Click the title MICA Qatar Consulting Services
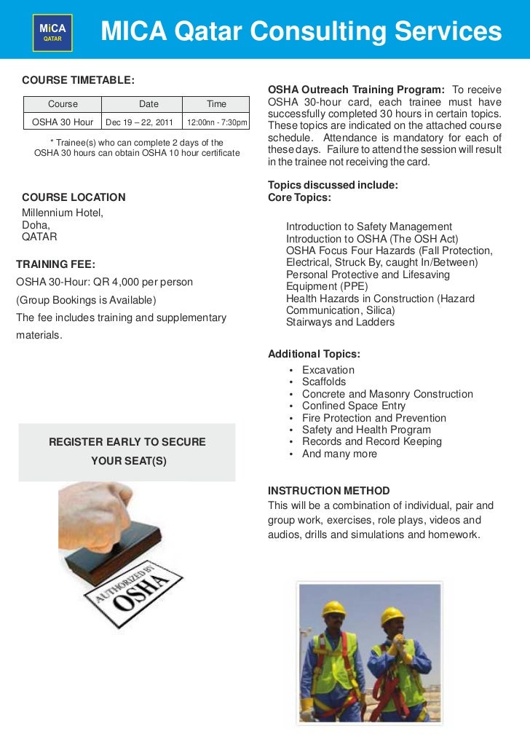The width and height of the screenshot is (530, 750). pyautogui.click(x=301, y=31)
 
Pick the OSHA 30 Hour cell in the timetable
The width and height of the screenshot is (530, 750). pyautogui.click(x=63, y=122)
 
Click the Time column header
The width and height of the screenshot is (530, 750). pyautogui.click(x=216, y=104)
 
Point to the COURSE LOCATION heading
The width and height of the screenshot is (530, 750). pyautogui.click(x=74, y=197)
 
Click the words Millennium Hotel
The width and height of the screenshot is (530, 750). pyautogui.click(x=63, y=213)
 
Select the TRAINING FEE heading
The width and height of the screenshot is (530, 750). pyautogui.click(x=56, y=264)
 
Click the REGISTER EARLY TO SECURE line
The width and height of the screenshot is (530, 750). pyautogui.click(x=127, y=442)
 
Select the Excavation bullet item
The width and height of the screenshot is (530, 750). pyautogui.click(x=328, y=370)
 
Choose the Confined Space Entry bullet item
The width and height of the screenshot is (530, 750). pyautogui.click(x=354, y=406)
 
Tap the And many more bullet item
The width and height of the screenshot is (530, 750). pyautogui.click(x=339, y=454)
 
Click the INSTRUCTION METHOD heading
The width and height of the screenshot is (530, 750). pyautogui.click(x=328, y=491)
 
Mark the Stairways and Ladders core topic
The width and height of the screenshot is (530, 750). pyautogui.click(x=340, y=322)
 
